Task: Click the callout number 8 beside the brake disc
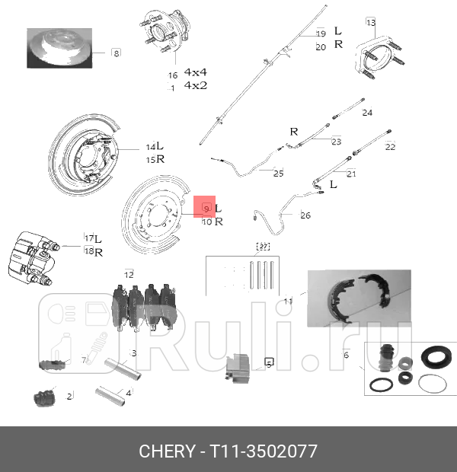click(116, 53)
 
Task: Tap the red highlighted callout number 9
click(206, 207)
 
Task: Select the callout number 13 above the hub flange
click(371, 22)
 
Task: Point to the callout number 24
click(367, 113)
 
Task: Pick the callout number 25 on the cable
click(278, 174)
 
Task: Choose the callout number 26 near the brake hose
click(305, 215)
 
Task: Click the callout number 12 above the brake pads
click(129, 274)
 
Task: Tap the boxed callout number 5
click(268, 364)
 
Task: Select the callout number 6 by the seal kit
click(346, 355)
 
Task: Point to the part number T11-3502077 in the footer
click(258, 451)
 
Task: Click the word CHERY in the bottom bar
click(166, 451)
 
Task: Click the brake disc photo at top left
click(59, 49)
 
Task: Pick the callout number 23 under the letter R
click(336, 141)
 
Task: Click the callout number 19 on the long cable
click(321, 33)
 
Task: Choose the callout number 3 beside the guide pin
click(133, 353)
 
